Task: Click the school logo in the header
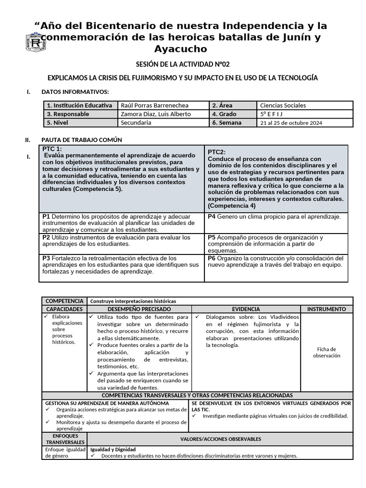click(x=36, y=43)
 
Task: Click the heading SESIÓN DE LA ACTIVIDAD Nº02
click(x=183, y=64)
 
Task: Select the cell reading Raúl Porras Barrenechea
click(x=155, y=105)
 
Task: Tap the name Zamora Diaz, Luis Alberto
click(x=156, y=114)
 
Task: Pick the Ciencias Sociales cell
click(x=283, y=105)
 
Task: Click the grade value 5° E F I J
click(x=271, y=114)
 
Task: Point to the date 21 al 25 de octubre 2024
click(x=291, y=122)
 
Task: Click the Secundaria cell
click(x=136, y=122)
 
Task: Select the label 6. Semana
click(x=227, y=122)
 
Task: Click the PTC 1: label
click(x=52, y=149)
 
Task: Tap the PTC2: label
click(x=217, y=152)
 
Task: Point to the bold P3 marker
click(x=47, y=258)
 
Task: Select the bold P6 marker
click(x=212, y=258)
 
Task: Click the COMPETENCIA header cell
click(x=64, y=301)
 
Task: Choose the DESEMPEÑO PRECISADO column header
click(x=139, y=309)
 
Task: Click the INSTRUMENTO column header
click(x=326, y=309)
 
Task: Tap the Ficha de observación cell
click(x=326, y=352)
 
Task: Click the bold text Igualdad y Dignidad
click(x=113, y=449)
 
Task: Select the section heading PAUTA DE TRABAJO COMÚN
click(x=81, y=140)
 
